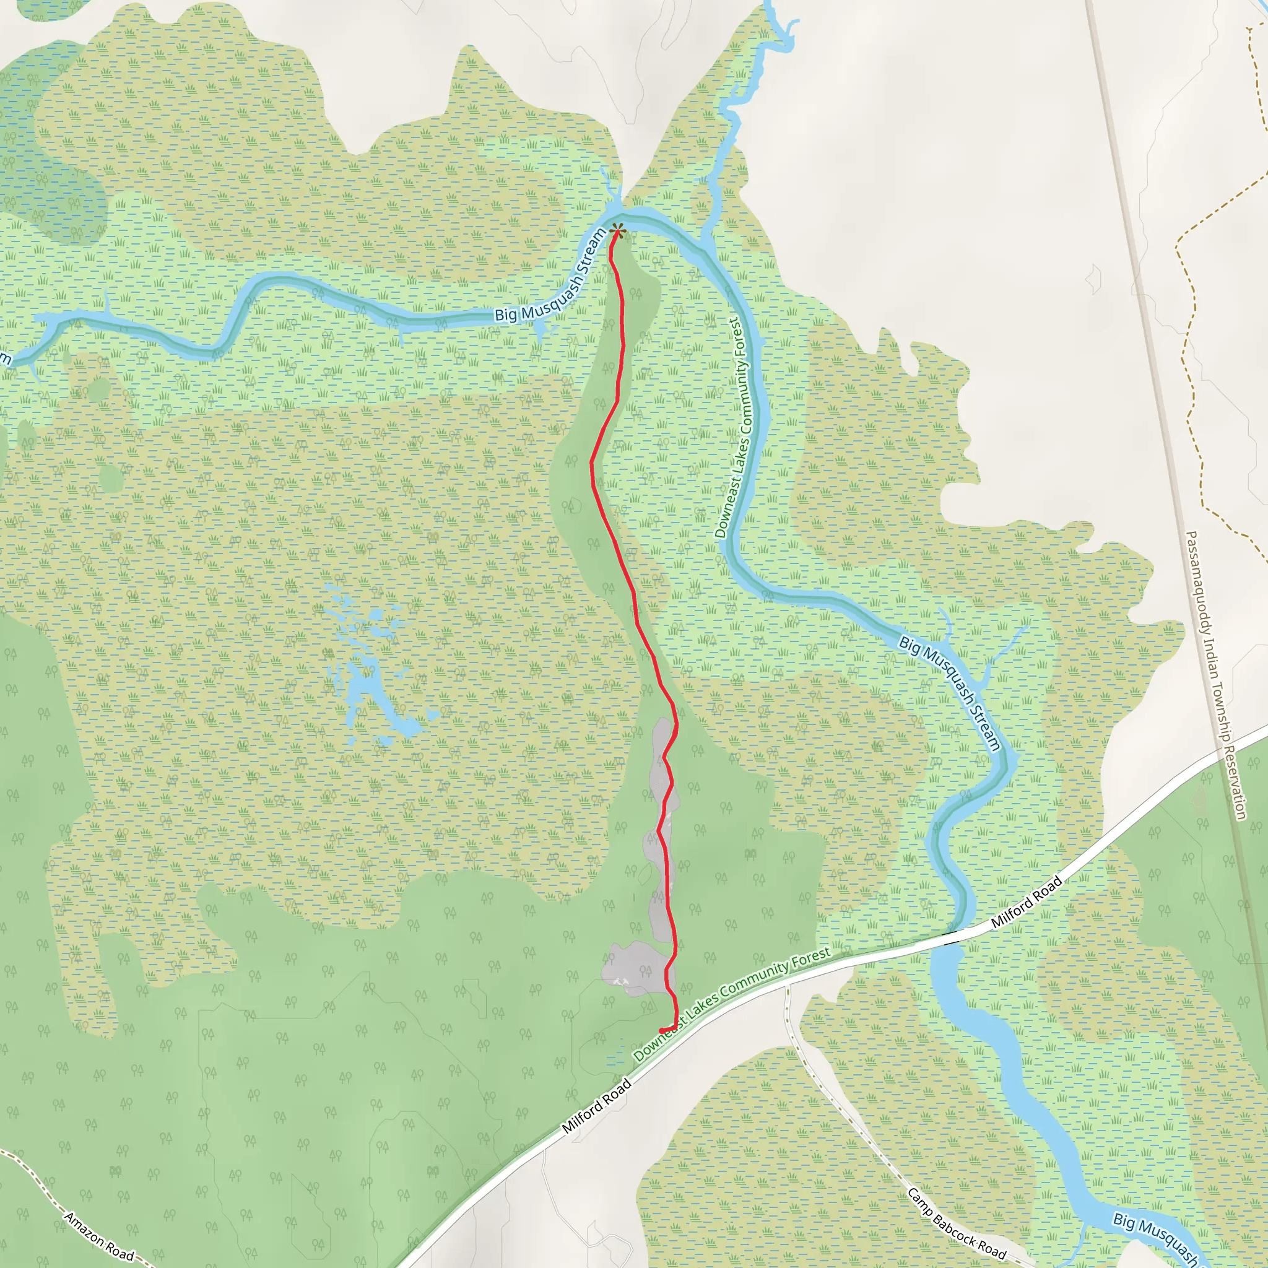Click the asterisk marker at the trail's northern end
point(617,230)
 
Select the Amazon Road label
point(99,1237)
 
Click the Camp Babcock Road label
point(956,1223)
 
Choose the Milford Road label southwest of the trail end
point(597,1106)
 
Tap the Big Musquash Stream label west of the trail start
point(550,276)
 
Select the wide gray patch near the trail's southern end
point(634,970)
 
